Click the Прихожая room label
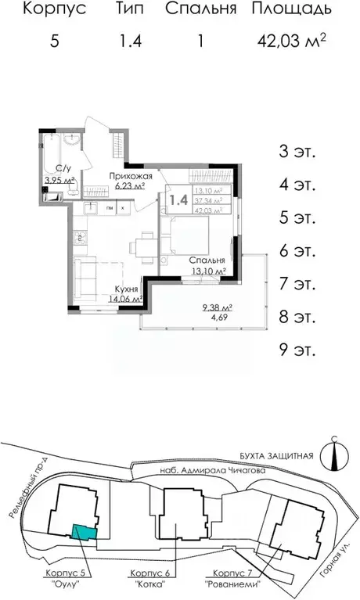[127, 177]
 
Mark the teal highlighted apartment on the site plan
[85, 532]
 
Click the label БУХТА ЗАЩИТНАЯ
[275, 456]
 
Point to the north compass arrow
[334, 454]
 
